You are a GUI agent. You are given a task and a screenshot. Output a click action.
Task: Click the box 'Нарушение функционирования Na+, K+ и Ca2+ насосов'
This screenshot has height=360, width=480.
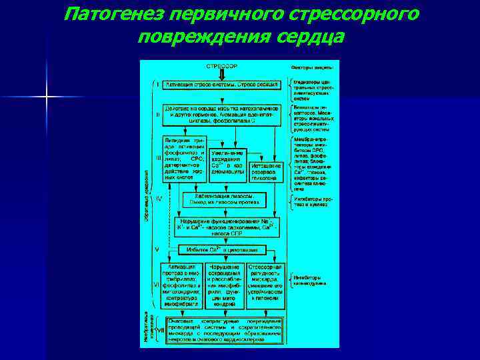pos(224,226)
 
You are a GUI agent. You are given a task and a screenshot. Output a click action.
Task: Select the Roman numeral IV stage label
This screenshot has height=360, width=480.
pos(158,199)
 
